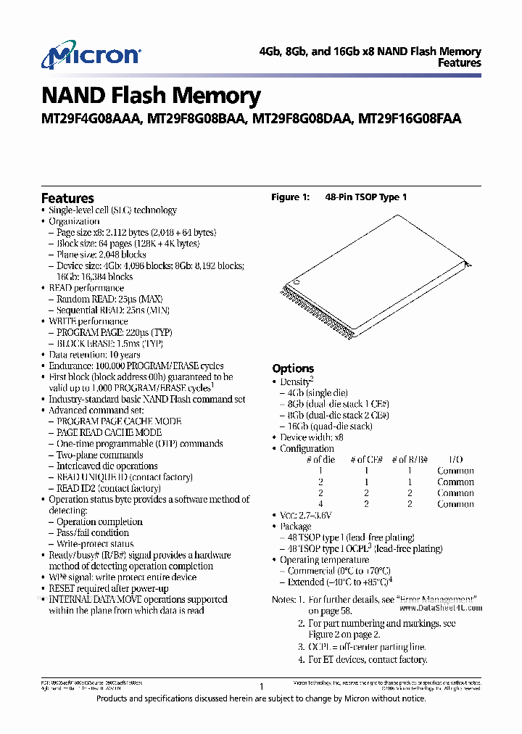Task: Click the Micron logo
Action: point(91,57)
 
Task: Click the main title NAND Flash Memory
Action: point(151,96)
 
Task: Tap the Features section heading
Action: point(67,198)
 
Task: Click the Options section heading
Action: point(293,368)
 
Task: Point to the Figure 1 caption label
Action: point(290,197)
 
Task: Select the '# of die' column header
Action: point(320,460)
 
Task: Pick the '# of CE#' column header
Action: point(367,460)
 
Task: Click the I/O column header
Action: point(455,460)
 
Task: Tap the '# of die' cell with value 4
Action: point(320,504)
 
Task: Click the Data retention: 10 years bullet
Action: point(94,355)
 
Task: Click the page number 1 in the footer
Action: point(260,686)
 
